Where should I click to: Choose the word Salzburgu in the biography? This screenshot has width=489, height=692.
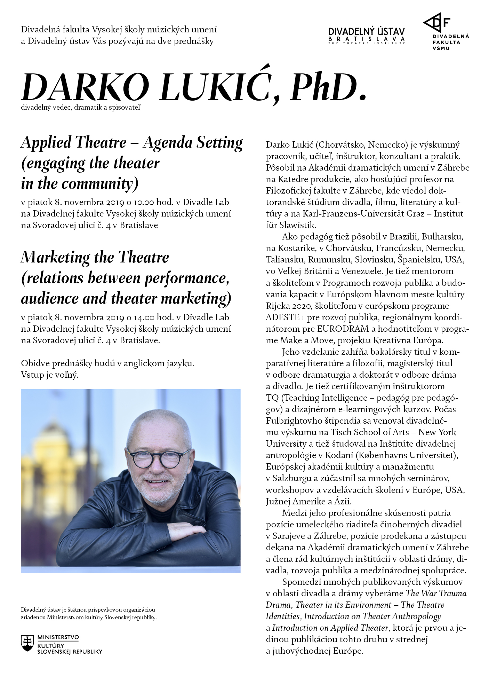pos(291,478)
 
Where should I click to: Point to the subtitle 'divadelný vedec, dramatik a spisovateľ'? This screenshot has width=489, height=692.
pos(81,108)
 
